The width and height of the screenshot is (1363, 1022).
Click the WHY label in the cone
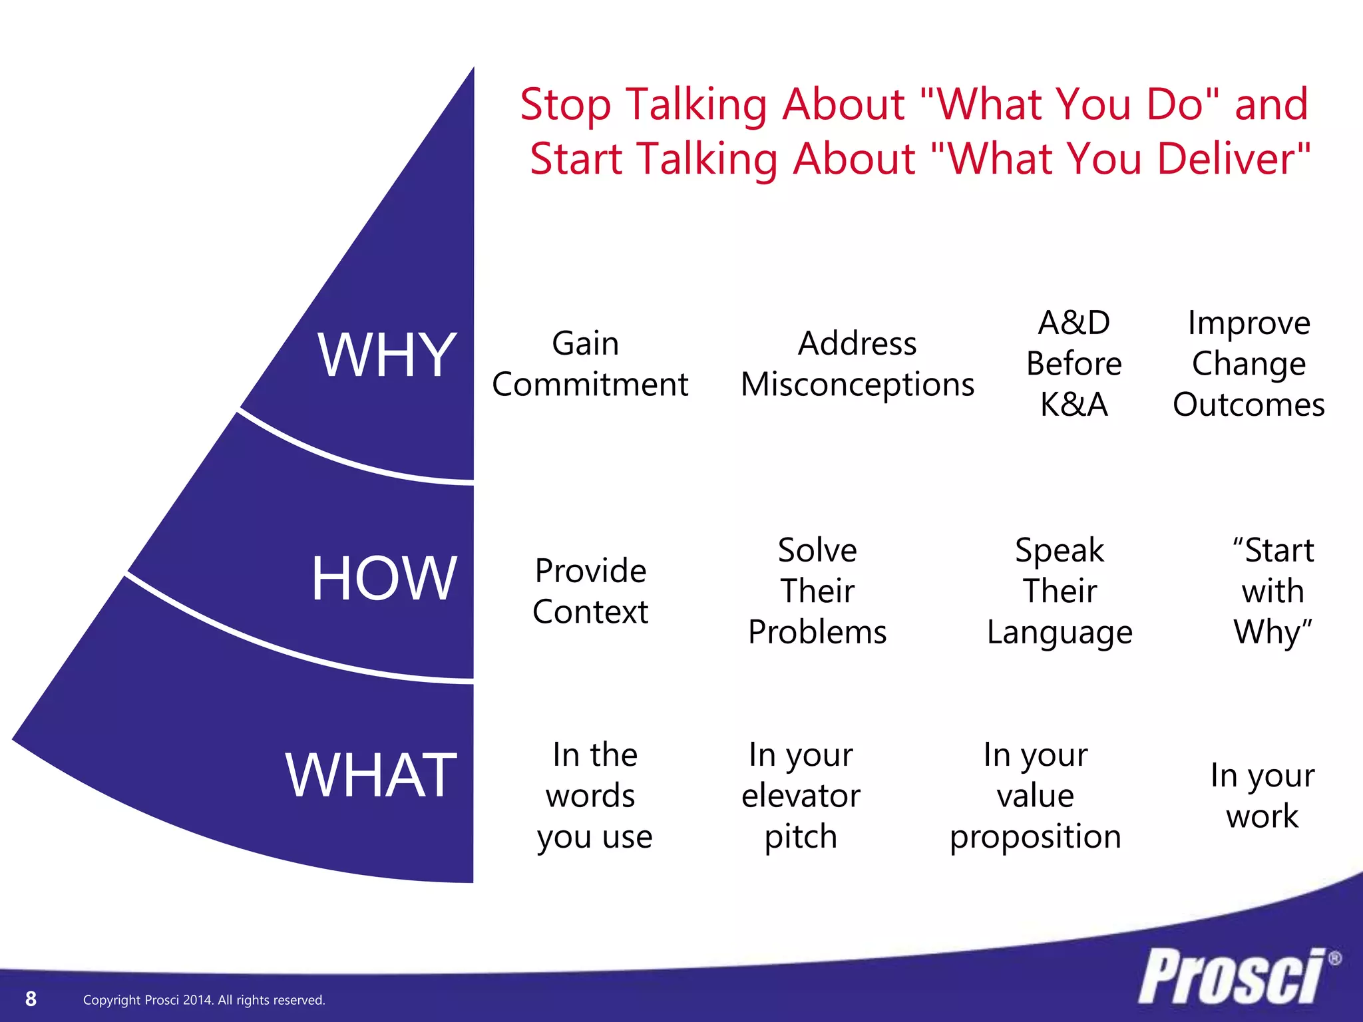387,356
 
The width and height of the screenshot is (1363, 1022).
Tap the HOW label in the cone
384,579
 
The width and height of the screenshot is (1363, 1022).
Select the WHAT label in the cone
371,775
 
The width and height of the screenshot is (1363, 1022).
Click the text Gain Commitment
590,364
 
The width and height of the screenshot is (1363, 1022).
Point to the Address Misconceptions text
857,364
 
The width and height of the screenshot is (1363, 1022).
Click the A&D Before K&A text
1073,364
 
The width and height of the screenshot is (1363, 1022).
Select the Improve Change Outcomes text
1249,364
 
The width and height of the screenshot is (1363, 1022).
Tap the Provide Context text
590,591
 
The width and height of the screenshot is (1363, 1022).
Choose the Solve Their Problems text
817,591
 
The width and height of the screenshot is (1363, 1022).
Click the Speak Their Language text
1060,591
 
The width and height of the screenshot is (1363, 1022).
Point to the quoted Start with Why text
1272,591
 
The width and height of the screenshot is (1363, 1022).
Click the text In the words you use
594,795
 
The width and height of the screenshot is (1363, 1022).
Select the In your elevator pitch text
801,795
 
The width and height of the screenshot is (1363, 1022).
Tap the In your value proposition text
1036,795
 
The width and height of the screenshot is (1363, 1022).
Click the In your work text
1262,795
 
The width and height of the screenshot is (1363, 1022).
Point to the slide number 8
31,999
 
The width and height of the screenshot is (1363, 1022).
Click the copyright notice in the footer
204,1000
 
